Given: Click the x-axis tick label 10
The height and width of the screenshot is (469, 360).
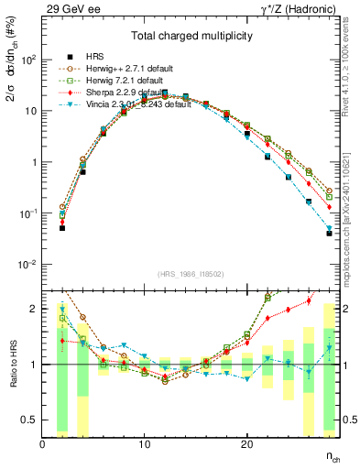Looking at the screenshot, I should click(144, 444).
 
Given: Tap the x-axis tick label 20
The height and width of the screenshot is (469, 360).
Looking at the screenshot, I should click(246, 444).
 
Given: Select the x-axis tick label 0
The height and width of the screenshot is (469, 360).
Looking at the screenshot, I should click(42, 444).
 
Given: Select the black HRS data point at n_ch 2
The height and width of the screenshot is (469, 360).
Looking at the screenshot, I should click(62, 227).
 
